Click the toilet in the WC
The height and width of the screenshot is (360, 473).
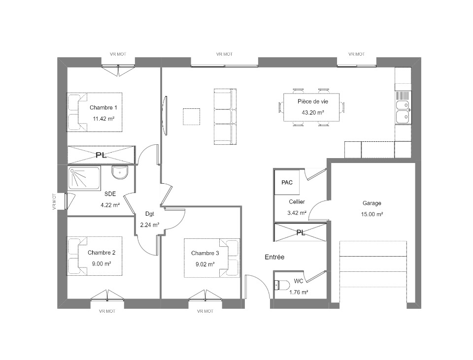[280, 285]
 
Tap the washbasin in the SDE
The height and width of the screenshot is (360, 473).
[120, 172]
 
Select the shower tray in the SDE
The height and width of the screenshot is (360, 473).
[84, 178]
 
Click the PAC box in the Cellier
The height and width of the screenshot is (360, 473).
[287, 182]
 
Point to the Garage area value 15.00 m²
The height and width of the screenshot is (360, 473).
[372, 214]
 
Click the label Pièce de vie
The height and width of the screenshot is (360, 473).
[313, 101]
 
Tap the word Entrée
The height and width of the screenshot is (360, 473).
[274, 257]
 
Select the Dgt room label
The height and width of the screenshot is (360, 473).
[150, 214]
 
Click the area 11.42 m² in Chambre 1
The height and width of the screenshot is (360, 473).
[103, 119]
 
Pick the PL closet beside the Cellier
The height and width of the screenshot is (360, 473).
[301, 232]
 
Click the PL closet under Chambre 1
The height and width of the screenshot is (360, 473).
[101, 155]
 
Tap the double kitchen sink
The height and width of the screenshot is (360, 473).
[403, 112]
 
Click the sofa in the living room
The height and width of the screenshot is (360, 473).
[225, 116]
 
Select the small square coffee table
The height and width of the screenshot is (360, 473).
[191, 117]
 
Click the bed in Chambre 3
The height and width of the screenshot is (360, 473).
[212, 258]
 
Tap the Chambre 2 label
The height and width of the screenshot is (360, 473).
[101, 252]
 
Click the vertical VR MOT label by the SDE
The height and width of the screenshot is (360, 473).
[54, 201]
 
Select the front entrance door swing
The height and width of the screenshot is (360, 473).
[257, 287]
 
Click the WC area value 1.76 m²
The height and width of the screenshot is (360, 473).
[299, 292]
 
